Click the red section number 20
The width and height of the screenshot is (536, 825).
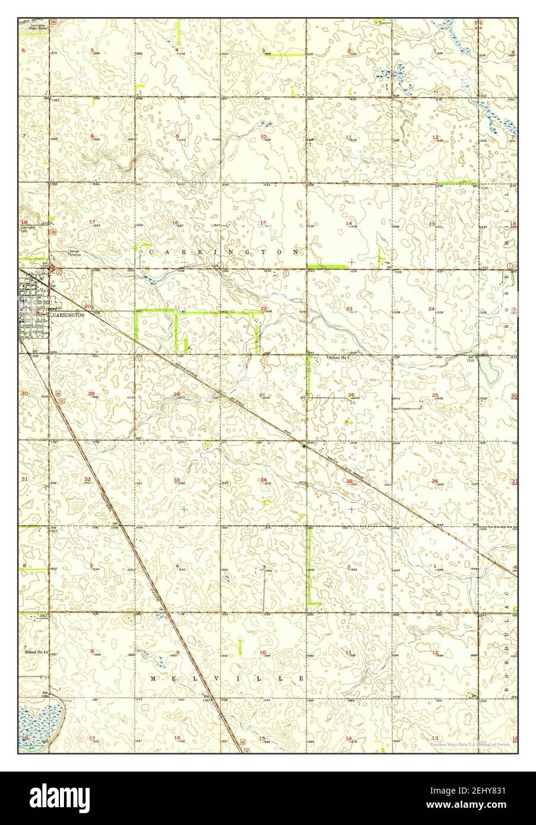point(88,306)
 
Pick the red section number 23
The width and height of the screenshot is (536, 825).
point(350,309)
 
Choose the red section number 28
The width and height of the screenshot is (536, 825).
point(176,395)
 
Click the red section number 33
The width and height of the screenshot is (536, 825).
point(176,480)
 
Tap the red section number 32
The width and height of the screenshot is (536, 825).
point(87,479)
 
